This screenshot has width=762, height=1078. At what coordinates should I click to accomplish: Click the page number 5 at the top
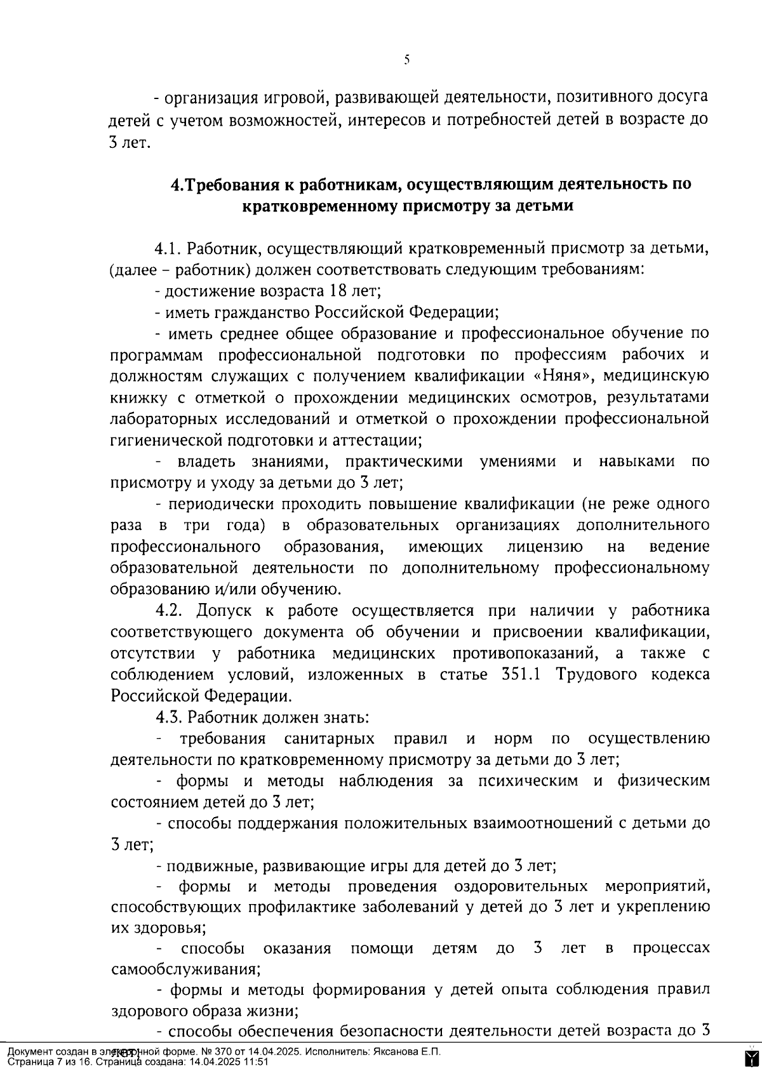coord(406,60)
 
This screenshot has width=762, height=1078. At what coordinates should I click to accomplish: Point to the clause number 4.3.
coord(168,717)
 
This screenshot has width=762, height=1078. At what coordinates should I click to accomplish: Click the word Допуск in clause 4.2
coord(222,611)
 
